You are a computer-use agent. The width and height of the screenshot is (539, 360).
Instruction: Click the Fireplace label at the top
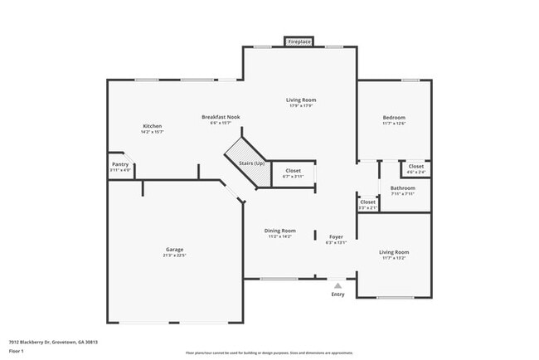tap(299, 41)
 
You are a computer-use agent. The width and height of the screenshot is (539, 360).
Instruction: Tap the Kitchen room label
tap(151, 126)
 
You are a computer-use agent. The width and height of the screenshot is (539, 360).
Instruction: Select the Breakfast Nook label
tap(221, 118)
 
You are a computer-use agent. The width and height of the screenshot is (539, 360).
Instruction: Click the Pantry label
tap(120, 164)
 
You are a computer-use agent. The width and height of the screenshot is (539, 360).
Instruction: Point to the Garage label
tap(174, 249)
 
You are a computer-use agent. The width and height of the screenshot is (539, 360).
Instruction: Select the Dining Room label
tap(280, 231)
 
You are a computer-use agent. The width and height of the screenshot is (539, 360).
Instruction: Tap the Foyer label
tap(336, 236)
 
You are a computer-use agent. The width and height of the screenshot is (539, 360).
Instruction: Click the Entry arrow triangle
tap(337, 285)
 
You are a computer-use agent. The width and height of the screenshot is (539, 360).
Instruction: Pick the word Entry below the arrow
tap(337, 294)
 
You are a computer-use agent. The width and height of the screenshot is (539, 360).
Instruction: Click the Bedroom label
tap(394, 118)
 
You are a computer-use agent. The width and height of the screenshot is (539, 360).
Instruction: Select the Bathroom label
tap(403, 187)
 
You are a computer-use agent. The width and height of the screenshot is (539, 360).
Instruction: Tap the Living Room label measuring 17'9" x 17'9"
tap(301, 100)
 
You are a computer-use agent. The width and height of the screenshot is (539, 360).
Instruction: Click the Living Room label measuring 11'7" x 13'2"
tap(394, 251)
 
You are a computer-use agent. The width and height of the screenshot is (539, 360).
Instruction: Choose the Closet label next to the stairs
tap(294, 170)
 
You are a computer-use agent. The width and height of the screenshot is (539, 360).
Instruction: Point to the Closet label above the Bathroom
tap(416, 167)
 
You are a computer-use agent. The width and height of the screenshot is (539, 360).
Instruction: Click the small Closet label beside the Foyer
tap(368, 202)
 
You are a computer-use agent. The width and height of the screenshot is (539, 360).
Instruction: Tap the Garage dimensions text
tap(174, 255)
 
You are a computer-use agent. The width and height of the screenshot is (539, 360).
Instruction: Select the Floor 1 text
tap(16, 351)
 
